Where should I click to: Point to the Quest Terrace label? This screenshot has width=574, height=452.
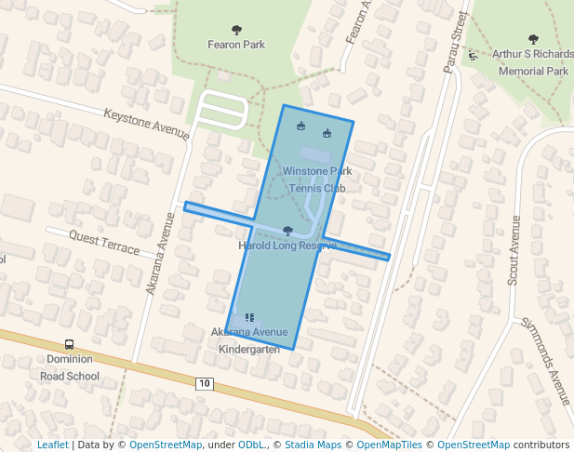(x=104, y=244)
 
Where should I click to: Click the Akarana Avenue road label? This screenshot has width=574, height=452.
(x=160, y=254)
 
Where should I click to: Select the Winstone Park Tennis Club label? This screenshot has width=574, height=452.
(x=317, y=179)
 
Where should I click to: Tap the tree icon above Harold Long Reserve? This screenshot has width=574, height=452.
(x=287, y=231)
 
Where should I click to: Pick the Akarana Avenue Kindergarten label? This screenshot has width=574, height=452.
(x=249, y=340)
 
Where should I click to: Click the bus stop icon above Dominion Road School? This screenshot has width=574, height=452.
(x=69, y=344)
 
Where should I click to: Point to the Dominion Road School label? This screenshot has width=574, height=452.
(x=69, y=367)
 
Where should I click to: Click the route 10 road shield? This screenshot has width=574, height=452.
(x=205, y=383)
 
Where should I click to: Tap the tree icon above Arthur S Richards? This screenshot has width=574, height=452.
(x=533, y=39)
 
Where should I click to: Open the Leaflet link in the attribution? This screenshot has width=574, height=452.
(x=52, y=445)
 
